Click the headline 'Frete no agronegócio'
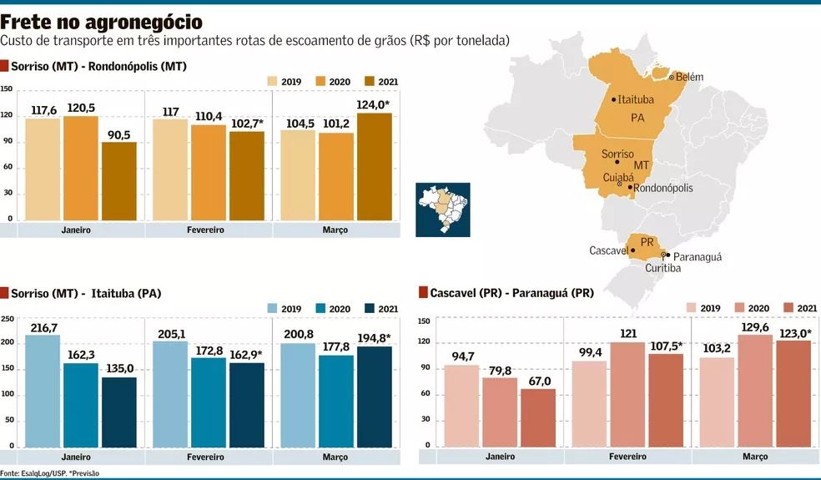click(101, 21)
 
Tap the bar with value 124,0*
click(374, 167)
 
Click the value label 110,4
click(208, 116)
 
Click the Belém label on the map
click(689, 77)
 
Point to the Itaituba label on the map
click(636, 99)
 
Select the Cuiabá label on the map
click(617, 179)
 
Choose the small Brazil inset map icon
click(442, 209)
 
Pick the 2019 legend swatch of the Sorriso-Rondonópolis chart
click(273, 81)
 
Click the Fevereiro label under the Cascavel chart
click(627, 457)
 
